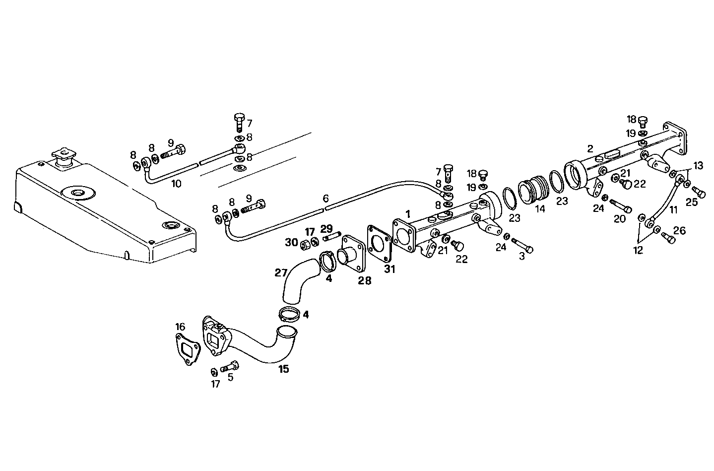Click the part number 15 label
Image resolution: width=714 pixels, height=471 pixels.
coord(284,369)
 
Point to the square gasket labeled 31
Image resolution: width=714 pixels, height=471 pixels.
coord(380,242)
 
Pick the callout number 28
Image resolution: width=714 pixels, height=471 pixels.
coord(365,281)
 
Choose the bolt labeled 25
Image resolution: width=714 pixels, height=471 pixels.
coord(699,191)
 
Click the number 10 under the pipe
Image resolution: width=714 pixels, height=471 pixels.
coord(176,184)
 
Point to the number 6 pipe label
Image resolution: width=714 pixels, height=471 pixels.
coord(325,199)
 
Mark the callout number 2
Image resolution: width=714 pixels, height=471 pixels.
coord(589,148)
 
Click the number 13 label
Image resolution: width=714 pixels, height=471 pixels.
coord(698,166)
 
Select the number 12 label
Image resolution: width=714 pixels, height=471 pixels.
coord(638,251)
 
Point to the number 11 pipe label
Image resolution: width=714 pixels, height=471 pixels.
coord(673,210)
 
